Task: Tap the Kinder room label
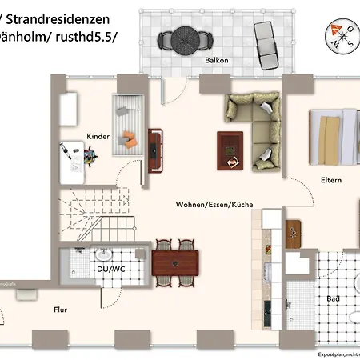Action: coord(98,137)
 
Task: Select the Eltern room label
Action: coord(330,180)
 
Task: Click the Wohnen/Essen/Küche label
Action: coord(214,205)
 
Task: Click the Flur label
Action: coord(60,308)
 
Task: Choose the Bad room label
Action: coord(332,298)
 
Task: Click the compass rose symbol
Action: coord(340,35)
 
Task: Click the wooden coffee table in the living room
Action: coord(230,148)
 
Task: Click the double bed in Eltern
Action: coord(336,132)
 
